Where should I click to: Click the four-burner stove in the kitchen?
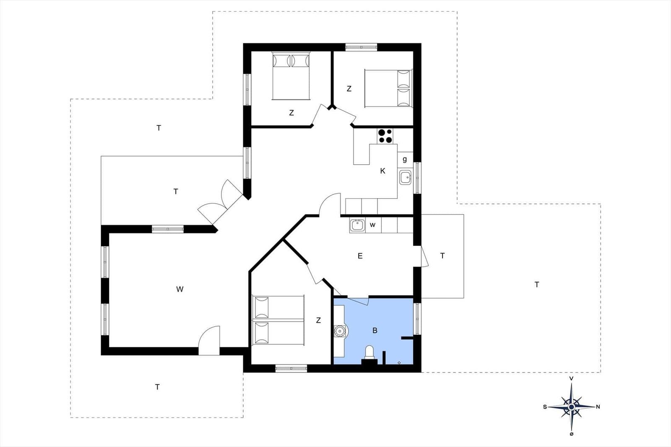coord(385,136)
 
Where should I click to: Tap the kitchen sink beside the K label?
coord(405,178)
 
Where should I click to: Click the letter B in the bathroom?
coord(375,330)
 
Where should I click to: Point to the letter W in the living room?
coord(180,289)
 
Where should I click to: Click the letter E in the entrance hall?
coord(360,256)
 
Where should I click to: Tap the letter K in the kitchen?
coord(382,171)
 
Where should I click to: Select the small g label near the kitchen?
coord(405,159)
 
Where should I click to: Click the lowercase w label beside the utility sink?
coord(372,225)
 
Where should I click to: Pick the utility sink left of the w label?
coord(357,225)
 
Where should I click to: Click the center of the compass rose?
coord(571,407)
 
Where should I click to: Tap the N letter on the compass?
coord(598,407)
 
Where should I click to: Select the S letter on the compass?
coord(545,407)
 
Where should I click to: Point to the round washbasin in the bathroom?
coord(340,331)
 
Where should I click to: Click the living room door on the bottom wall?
coord(209,341)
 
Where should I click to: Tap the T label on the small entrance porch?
coord(442,256)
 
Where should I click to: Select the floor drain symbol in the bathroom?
coord(399,363)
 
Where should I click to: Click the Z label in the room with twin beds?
coord(318,320)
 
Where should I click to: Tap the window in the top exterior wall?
coord(361,47)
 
